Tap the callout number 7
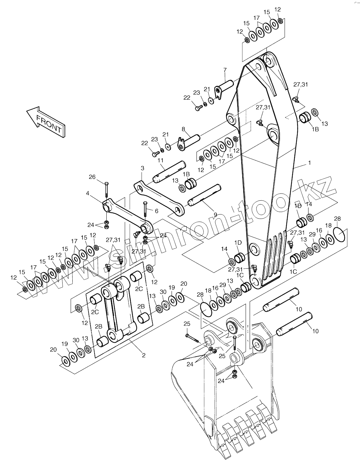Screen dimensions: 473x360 [225, 70]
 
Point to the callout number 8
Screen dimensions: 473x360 [183, 129]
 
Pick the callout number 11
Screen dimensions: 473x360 [160, 160]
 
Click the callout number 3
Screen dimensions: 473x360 [142, 167]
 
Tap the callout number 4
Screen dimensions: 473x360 [87, 193]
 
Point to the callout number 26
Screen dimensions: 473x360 [92, 177]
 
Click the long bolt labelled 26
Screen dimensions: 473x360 [106, 190]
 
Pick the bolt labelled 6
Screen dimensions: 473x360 [145, 209]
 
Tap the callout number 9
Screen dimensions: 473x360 [215, 214]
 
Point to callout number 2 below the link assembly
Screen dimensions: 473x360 [144, 355]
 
